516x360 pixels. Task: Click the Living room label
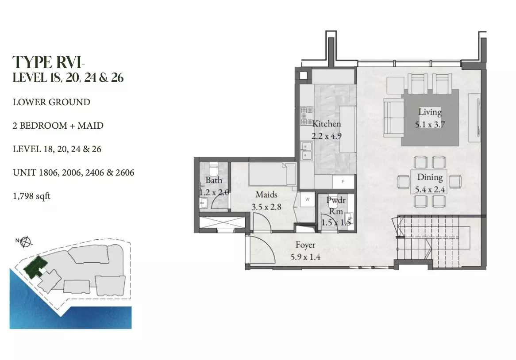430,112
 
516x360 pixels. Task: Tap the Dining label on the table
430,177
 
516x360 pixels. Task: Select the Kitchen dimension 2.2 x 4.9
327,136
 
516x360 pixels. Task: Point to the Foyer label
305,245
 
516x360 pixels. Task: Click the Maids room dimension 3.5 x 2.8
266,207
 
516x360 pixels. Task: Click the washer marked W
308,199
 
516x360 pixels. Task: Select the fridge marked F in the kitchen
343,181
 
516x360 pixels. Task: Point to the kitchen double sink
306,151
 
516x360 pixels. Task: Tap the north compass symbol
26,242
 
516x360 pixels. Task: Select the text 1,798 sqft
31,196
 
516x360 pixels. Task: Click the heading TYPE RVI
48,62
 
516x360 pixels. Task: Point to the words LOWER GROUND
51,102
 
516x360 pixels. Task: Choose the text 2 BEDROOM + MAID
58,126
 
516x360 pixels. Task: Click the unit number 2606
125,172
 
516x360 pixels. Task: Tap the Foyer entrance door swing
262,249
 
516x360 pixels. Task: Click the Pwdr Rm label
336,206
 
